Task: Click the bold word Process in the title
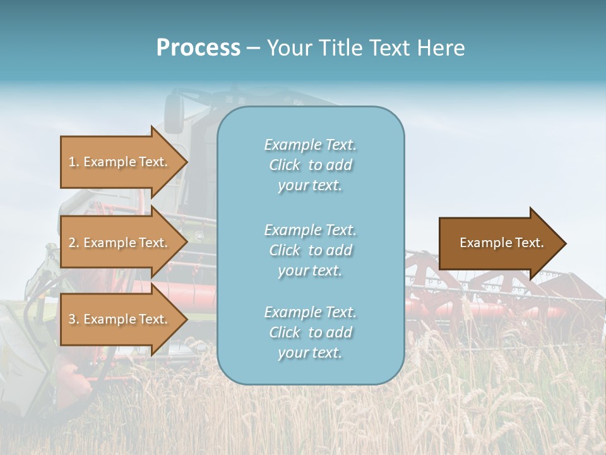pyautogui.click(x=198, y=48)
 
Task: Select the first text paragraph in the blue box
pyautogui.click(x=310, y=165)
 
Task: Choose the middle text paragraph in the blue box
pyautogui.click(x=310, y=250)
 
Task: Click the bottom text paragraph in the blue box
pyautogui.click(x=310, y=332)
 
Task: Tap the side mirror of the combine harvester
pyautogui.click(x=174, y=114)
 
